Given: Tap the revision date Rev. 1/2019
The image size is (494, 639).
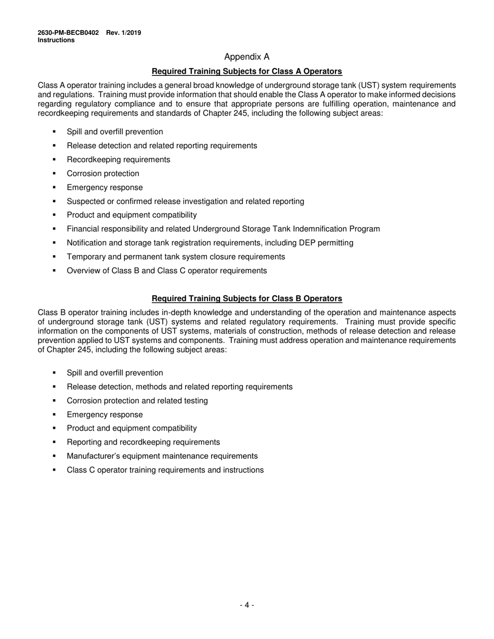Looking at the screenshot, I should [x=124, y=33].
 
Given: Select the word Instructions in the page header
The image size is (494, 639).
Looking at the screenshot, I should [x=56, y=40].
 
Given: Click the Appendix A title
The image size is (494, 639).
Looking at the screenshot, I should [x=246, y=57].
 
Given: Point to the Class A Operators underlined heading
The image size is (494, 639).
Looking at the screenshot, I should [x=246, y=71].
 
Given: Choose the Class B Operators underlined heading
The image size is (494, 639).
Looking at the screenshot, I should [x=246, y=298].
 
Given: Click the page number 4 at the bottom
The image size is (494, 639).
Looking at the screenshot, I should [x=246, y=605].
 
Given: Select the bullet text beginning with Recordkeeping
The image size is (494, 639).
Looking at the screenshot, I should [x=118, y=159].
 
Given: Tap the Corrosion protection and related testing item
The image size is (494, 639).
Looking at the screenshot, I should [x=137, y=401].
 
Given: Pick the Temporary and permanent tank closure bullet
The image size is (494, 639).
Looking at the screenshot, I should [x=176, y=257].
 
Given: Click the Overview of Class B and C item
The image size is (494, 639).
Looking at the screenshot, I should [x=166, y=271].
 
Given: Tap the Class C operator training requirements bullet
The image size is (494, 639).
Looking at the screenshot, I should [x=165, y=470].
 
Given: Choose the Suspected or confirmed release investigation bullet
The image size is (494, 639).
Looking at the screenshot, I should [x=185, y=201].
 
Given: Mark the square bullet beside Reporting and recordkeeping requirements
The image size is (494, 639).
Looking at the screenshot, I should [x=54, y=442].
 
